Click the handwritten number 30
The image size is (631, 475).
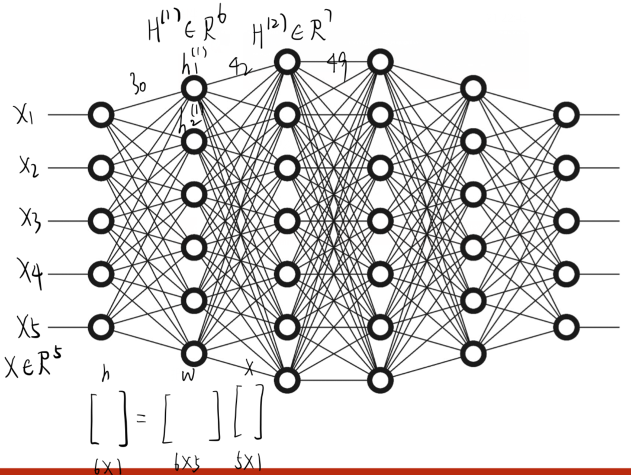pos(139,88)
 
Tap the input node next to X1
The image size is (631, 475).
pos(101,115)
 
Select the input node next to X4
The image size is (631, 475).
pos(101,274)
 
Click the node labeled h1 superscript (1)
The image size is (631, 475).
pos(194,89)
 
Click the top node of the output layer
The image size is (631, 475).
pos(566,115)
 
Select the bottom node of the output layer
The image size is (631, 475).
pos(566,327)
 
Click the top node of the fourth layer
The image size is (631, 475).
pos(379,62)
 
